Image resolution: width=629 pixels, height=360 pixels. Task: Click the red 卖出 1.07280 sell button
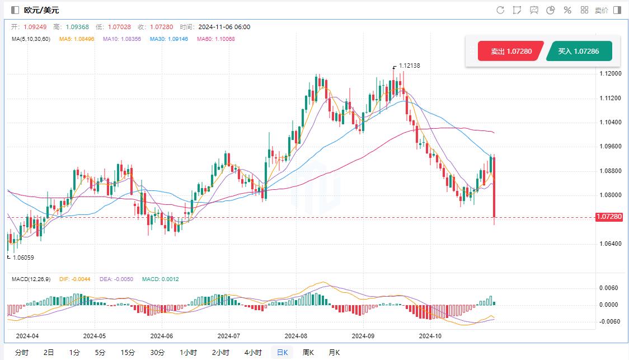pos(510,52)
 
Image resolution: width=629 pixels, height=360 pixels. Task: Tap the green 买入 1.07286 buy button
pos(579,52)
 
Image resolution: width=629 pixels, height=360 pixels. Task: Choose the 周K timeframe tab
pos(308,353)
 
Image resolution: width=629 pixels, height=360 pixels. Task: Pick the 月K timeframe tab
pos(334,353)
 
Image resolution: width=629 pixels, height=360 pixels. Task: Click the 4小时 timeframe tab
pos(253,353)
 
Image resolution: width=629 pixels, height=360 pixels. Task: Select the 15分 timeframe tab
pos(128,353)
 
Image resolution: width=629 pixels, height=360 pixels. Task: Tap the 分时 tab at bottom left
pos(22,353)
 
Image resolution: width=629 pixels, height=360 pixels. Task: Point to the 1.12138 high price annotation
pos(409,66)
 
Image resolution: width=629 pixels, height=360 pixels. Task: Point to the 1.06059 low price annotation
pos(22,258)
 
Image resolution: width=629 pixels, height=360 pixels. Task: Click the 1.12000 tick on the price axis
pos(609,73)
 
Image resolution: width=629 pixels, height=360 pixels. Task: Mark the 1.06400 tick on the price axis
pos(609,244)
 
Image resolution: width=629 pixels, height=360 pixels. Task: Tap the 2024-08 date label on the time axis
pos(296,336)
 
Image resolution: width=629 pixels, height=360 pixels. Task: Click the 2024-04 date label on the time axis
pos(27,336)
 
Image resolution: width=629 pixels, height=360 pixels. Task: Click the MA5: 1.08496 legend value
pos(78,39)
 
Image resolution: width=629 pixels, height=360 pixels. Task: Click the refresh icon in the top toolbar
pos(500,10)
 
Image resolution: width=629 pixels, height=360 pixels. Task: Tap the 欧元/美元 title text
pos(41,10)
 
